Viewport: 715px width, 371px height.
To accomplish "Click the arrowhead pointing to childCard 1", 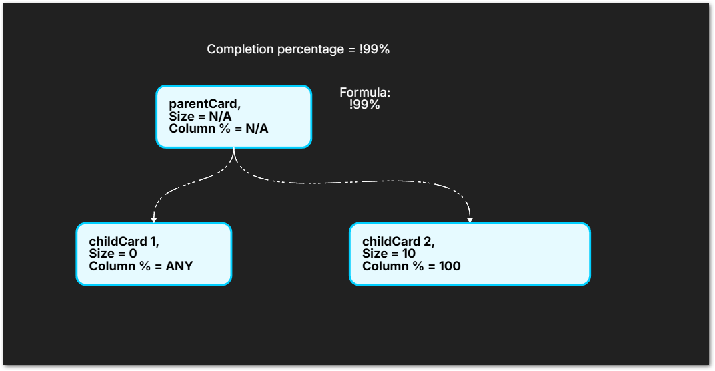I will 154,219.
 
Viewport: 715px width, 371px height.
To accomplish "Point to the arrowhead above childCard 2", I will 470,219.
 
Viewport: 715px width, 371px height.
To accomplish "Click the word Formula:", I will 365,93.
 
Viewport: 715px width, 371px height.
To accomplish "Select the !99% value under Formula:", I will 365,105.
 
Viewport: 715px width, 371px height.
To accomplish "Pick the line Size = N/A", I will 200,116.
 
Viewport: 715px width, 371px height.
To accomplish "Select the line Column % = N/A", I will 219,128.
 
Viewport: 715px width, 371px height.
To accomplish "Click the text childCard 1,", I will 124,242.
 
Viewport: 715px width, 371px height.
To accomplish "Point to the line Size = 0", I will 113,254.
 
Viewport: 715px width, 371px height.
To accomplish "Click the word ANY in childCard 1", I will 179,266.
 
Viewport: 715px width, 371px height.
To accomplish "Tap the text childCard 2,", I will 398,242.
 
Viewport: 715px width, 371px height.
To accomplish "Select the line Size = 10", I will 389,254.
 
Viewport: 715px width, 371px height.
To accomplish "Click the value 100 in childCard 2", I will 449,266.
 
